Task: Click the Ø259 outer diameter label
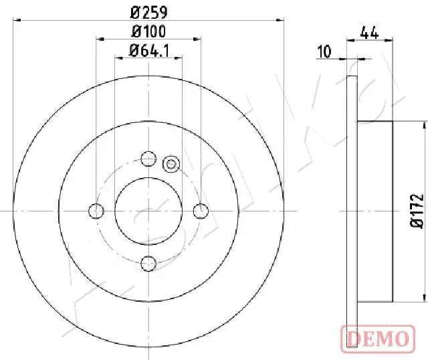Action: [x=148, y=13]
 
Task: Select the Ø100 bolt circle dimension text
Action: [x=148, y=31]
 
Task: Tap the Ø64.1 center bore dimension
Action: [x=149, y=51]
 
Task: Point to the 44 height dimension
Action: [x=369, y=33]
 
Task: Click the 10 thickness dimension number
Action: [x=324, y=52]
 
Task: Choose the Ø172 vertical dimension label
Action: [x=417, y=211]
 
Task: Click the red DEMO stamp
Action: [x=378, y=339]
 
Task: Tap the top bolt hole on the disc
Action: [x=148, y=159]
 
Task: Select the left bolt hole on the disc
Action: [x=96, y=211]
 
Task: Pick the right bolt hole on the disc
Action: [x=201, y=211]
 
